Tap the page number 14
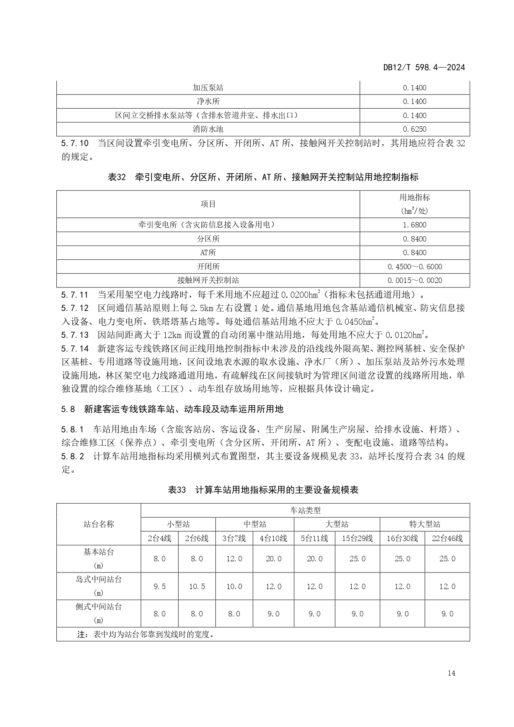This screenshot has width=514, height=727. point(451,673)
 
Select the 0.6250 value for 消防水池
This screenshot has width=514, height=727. point(414,129)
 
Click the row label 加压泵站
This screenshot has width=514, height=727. point(208,88)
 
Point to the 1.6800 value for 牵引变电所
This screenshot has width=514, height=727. point(414,225)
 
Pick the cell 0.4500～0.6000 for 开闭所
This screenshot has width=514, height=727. point(414,266)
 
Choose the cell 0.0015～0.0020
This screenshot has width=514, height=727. point(414,280)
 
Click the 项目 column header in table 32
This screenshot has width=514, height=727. point(208,204)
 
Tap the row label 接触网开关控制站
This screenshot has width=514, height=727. point(208,280)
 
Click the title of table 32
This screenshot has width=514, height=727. point(263,177)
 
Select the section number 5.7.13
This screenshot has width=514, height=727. point(75,335)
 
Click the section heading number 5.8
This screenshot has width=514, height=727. point(68,409)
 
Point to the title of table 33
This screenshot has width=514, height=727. point(263,490)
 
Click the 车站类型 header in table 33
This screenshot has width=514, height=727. point(305,510)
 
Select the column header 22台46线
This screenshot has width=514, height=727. point(447,538)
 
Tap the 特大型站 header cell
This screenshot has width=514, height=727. point(425,524)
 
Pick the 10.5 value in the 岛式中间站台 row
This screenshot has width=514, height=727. point(197,587)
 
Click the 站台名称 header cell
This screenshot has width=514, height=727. point(99,524)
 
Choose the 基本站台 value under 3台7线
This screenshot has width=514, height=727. point(234,559)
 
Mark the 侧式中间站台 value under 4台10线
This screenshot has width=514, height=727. point(273,614)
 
